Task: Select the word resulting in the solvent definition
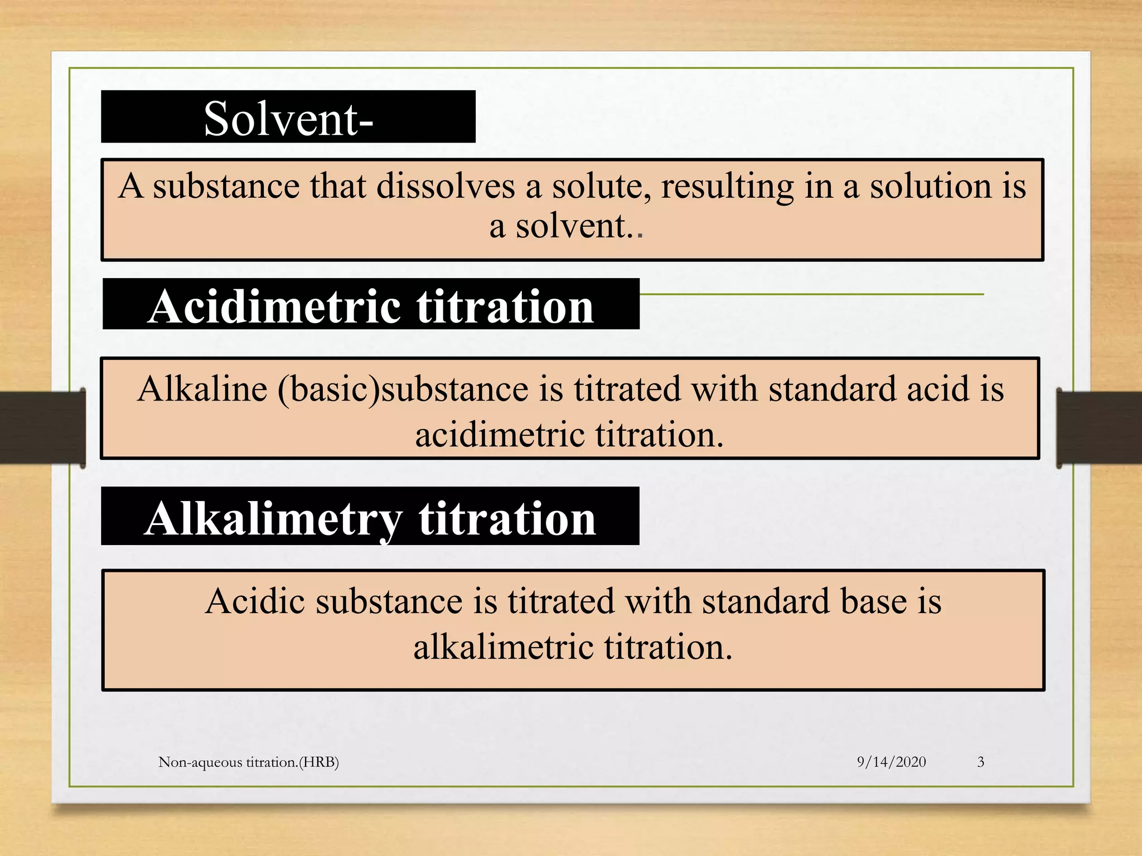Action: (x=727, y=187)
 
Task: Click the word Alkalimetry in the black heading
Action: (x=273, y=518)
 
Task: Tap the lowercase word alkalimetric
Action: (x=503, y=647)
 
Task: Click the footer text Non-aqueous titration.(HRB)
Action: (x=249, y=762)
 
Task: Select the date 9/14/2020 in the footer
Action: (x=891, y=762)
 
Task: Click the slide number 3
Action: (x=980, y=762)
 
